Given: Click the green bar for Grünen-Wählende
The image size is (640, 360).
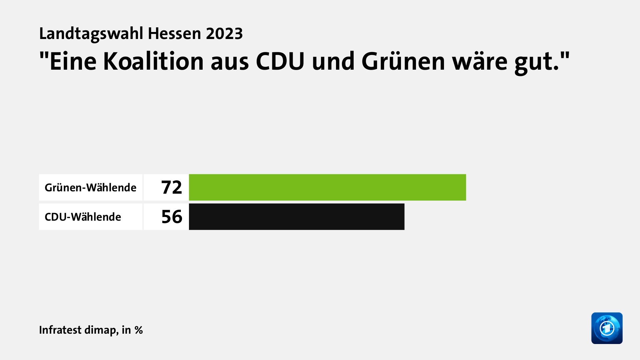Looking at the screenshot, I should (327, 187).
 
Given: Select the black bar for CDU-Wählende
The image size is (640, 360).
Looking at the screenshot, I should (297, 217).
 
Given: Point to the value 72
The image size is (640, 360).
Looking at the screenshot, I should (172, 187).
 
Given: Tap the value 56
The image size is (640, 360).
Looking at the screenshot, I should (172, 217).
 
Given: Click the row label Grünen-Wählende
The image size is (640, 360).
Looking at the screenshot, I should (90, 188).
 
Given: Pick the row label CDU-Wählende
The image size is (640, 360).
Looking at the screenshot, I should (83, 217).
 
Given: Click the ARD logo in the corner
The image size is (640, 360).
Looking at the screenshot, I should (607, 328).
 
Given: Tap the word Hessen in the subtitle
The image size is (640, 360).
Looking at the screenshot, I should (174, 34).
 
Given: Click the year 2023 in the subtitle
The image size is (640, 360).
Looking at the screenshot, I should (224, 34).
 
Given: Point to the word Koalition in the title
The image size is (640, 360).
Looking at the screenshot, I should (153, 62).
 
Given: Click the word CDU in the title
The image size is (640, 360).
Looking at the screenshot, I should (280, 62).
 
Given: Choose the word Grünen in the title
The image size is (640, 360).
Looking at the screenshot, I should (403, 62).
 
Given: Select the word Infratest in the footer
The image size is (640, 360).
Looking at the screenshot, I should (60, 330).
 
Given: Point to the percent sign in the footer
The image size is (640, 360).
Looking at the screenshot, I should (139, 330).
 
